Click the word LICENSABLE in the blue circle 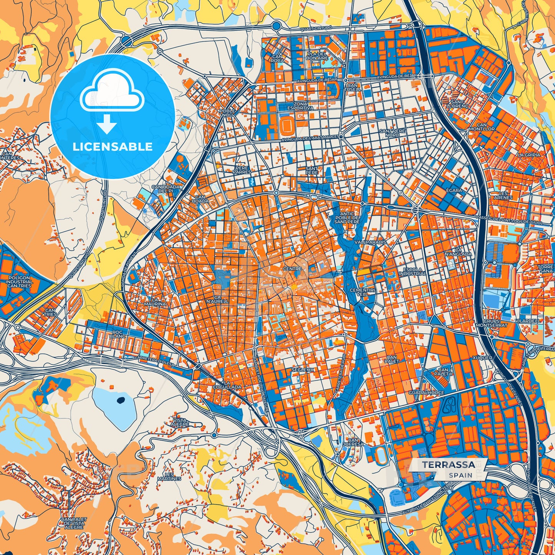coord(113,147)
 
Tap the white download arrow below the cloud coord(107,125)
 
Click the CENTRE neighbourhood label coord(292,269)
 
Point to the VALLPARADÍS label coord(370,243)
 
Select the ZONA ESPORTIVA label coord(300,106)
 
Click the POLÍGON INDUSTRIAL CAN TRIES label coord(19,282)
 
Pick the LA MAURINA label coord(158,302)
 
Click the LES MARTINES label coord(169,477)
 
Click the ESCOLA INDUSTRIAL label coord(413,272)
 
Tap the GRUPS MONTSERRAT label coord(491,323)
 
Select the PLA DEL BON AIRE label coord(316,56)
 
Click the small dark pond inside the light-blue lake coord(121,401)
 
